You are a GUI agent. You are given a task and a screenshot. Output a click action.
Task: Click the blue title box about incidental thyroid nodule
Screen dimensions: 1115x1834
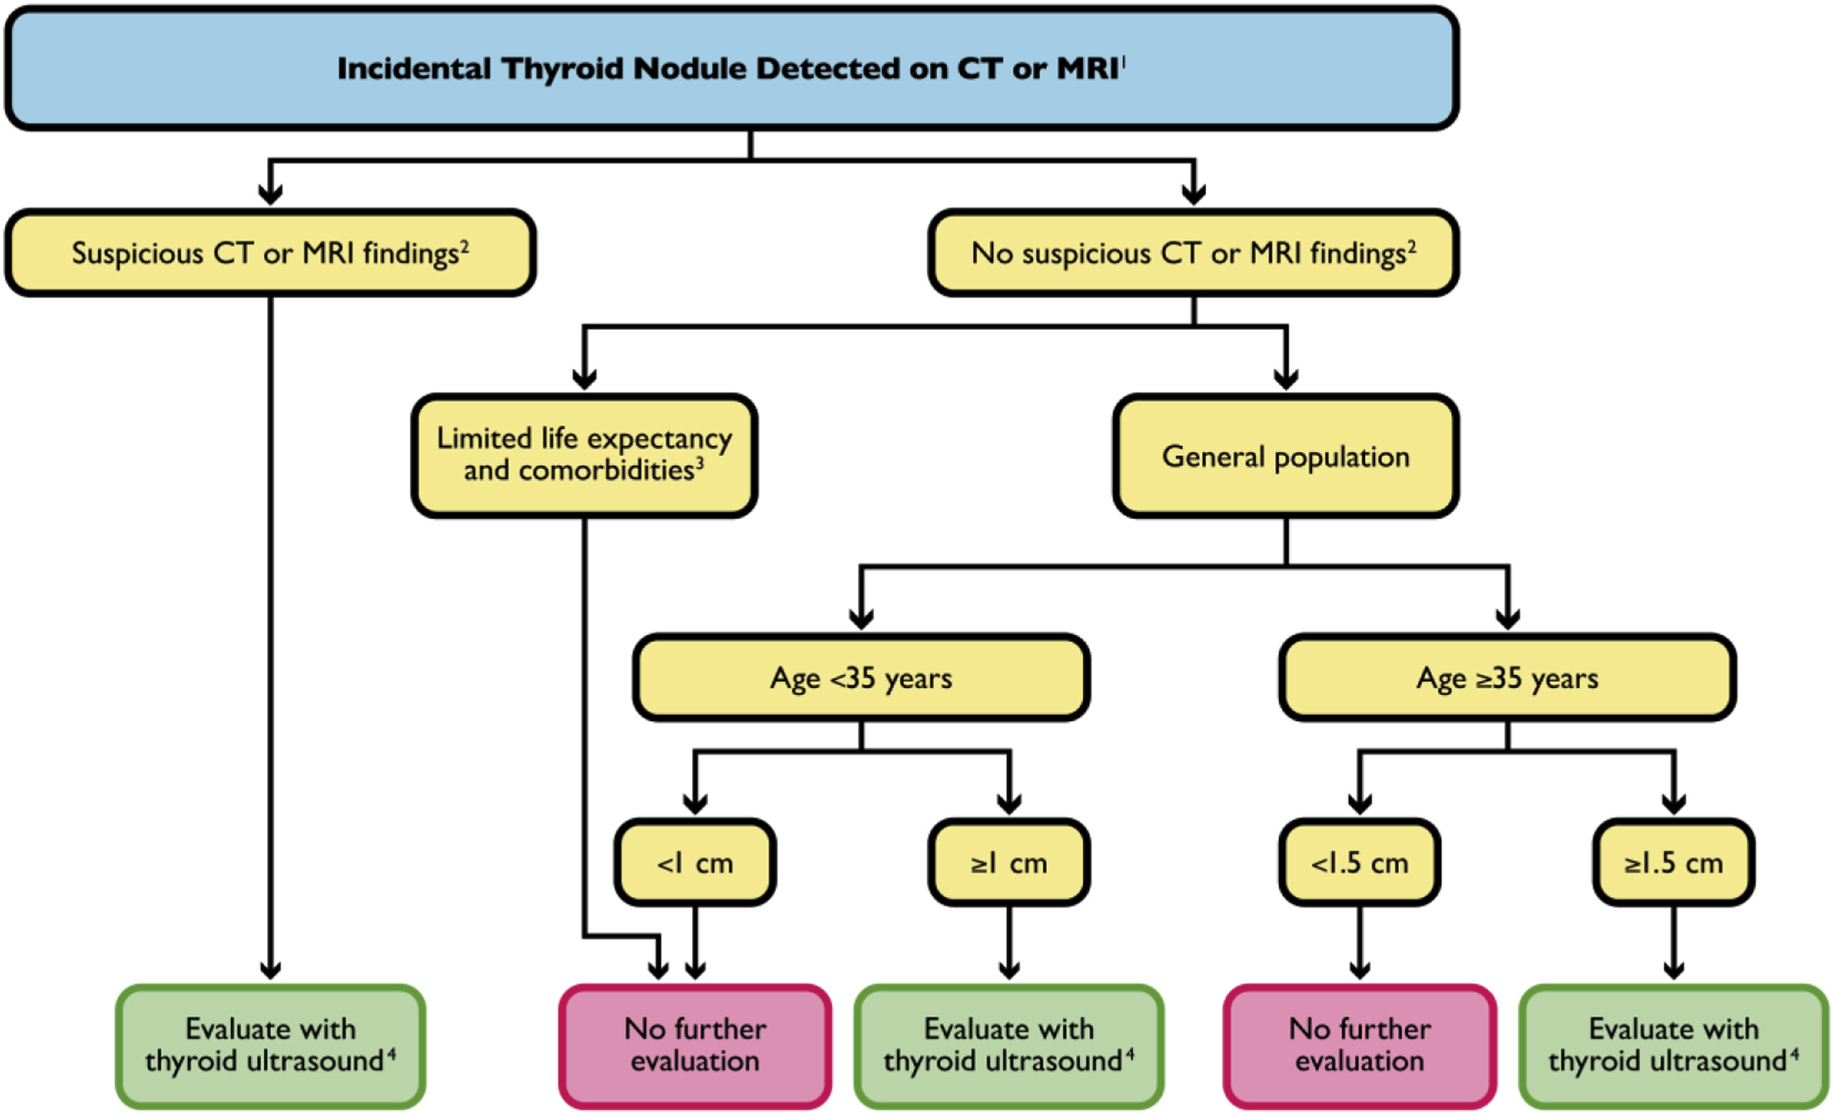(x=731, y=68)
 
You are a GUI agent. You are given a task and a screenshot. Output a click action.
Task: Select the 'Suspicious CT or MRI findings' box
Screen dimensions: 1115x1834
(x=270, y=253)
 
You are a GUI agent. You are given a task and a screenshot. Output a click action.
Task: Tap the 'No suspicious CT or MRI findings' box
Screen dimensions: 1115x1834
(x=1193, y=253)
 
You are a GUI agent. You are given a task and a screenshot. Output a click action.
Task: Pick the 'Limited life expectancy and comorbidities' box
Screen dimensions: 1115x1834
(x=585, y=455)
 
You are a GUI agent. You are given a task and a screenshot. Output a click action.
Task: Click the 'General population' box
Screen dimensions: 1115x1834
(x=1285, y=457)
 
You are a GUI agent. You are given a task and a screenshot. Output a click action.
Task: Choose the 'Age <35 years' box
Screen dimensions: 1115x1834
(x=861, y=678)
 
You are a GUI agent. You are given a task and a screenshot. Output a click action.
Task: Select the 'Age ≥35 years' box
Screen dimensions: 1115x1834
(x=1507, y=678)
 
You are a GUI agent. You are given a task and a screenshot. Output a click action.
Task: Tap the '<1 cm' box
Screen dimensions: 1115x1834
(x=694, y=862)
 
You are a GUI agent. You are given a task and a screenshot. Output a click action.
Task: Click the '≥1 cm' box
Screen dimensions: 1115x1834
(x=1009, y=862)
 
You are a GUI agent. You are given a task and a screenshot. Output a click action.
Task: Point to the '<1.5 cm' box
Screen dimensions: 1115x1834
(x=1359, y=862)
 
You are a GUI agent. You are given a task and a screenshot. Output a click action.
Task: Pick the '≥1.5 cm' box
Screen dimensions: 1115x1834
(x=1673, y=862)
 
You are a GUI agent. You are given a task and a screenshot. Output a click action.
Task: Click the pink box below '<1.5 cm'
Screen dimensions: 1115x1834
(x=1359, y=1045)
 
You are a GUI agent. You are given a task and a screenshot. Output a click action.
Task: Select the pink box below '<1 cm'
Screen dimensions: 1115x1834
(x=694, y=1045)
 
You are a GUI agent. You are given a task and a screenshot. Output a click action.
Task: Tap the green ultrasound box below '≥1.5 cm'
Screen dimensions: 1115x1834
(x=1673, y=1045)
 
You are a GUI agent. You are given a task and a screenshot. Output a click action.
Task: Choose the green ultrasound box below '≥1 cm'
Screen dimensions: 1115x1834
(x=1009, y=1045)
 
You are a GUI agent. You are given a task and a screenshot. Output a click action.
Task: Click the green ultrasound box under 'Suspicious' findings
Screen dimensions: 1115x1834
(x=270, y=1045)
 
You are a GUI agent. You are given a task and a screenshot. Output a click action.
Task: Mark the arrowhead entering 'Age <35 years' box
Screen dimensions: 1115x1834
(x=861, y=618)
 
